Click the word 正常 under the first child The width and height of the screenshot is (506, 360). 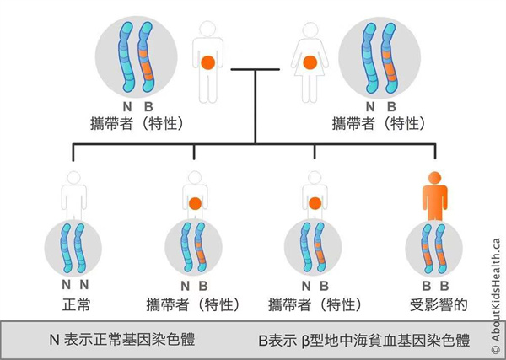pyautogui.click(x=75, y=302)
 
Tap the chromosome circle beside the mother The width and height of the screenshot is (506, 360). pyautogui.click(x=379, y=57)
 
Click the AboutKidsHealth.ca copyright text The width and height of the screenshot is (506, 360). pyautogui.click(x=496, y=291)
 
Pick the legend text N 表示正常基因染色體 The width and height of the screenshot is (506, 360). pyautogui.click(x=123, y=341)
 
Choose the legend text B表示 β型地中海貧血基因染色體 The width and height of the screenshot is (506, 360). pyautogui.click(x=364, y=341)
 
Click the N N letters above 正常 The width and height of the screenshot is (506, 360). pyautogui.click(x=75, y=285)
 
